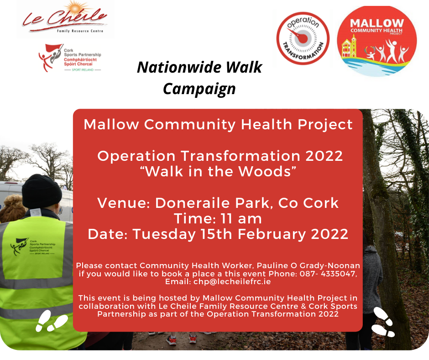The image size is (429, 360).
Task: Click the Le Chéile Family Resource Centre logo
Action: pos(65,19)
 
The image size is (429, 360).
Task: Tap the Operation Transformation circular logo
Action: pos(303,38)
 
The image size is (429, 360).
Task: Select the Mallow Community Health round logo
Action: pos(377,41)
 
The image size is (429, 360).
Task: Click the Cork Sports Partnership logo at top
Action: pos(70,58)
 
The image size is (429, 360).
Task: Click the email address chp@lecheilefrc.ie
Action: pos(232,281)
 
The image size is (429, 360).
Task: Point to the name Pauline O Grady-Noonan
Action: pos(309,266)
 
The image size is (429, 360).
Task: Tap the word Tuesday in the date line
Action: pos(164,234)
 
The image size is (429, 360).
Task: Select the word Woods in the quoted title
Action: pos(264,171)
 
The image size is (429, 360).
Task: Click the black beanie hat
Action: pos(42,191)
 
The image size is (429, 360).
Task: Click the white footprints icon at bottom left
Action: pos(52,321)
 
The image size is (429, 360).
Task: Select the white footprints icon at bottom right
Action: pos(384,322)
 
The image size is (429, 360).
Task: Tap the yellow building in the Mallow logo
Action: pos(349,47)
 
